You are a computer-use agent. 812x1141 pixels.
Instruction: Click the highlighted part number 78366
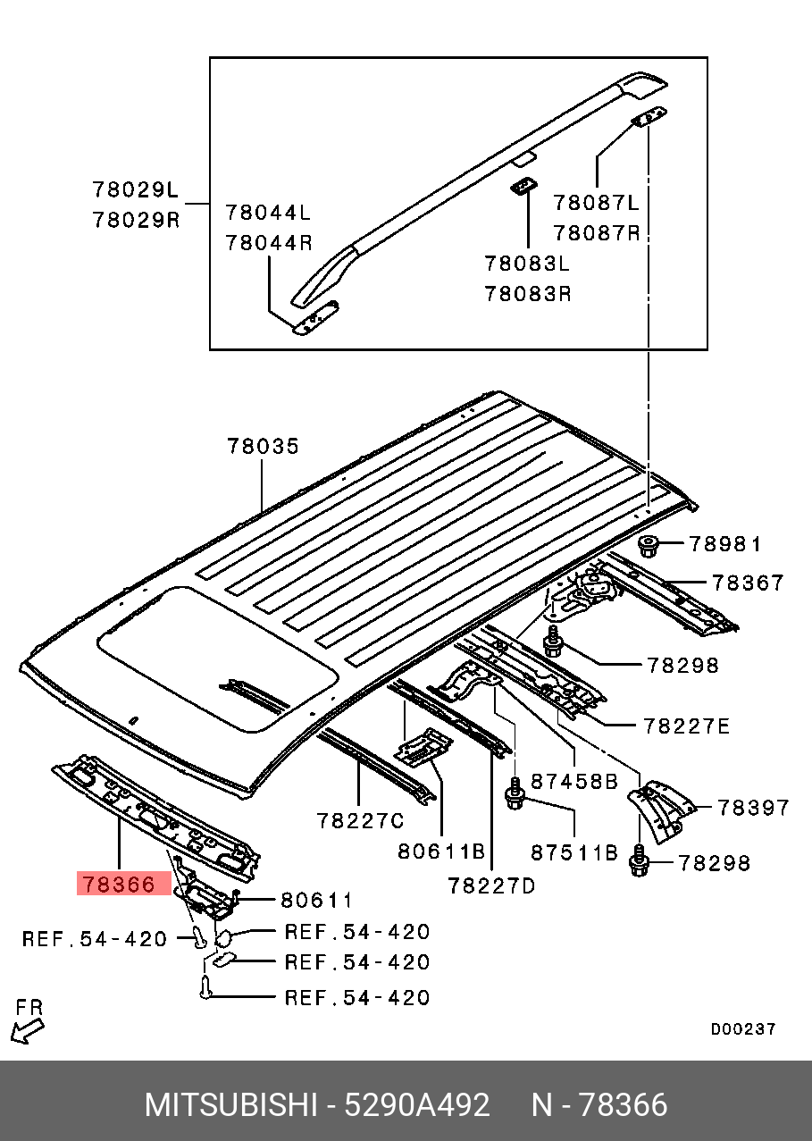coord(119,885)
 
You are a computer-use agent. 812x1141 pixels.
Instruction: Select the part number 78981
coord(724,544)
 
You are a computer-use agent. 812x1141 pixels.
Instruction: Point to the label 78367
coord(748,583)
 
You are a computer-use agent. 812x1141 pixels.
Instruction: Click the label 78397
coord(754,808)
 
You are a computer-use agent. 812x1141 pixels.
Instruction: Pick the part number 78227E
coord(685,726)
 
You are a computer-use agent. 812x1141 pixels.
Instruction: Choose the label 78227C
coord(360,820)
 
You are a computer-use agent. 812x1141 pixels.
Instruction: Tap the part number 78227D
coord(492,885)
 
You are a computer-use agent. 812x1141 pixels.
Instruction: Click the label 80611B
coord(441,852)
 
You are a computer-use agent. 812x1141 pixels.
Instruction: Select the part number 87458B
coord(574,782)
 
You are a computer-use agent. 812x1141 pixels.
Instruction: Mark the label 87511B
coord(574,852)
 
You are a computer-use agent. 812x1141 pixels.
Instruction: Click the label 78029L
coord(136,190)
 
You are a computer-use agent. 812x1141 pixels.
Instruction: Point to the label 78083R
coord(528,293)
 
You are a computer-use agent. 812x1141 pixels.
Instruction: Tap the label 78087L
coord(597,203)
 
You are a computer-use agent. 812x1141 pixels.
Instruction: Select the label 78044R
coord(268,241)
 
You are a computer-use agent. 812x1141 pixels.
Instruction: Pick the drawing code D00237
coord(743,1029)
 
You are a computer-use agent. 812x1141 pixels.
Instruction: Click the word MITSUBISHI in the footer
coord(230,1105)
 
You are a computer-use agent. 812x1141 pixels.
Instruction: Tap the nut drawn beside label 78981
coord(649,544)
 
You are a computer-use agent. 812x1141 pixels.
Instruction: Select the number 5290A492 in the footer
coord(419,1105)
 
